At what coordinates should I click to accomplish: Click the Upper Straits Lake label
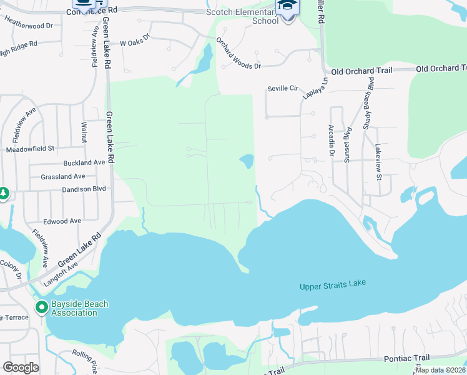332,285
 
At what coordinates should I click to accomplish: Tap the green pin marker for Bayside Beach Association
42,307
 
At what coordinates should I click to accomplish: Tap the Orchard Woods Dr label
238,54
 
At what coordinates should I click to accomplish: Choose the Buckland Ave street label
82,162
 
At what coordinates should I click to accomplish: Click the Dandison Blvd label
84,189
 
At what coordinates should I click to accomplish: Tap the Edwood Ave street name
62,221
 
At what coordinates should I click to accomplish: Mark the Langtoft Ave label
61,274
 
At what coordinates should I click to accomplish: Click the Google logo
21,367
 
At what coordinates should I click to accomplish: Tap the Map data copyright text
440,370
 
